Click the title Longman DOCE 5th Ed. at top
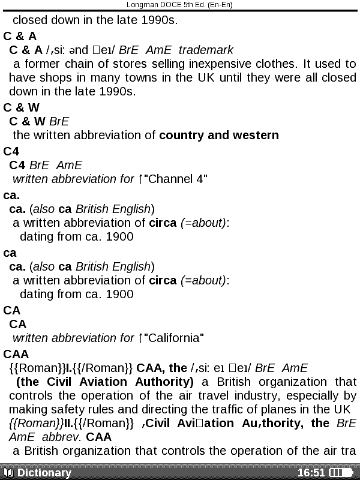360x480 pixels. pyautogui.click(x=179, y=5)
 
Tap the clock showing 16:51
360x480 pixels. pyautogui.click(x=311, y=473)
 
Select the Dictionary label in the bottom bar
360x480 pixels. pyautogui.click(x=44, y=473)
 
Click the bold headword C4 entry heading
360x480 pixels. pyautogui.click(x=11, y=151)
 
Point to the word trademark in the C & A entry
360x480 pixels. pyautogui.click(x=206, y=50)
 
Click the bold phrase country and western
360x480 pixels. pyautogui.click(x=219, y=135)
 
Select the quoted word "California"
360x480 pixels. pyautogui.click(x=174, y=338)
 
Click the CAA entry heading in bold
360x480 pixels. pyautogui.click(x=16, y=354)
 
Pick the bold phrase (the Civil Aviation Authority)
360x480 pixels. pyautogui.click(x=105, y=382)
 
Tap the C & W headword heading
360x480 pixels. pyautogui.click(x=21, y=107)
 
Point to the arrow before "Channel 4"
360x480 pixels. pyautogui.click(x=140, y=179)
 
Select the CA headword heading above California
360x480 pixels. pyautogui.click(x=11, y=310)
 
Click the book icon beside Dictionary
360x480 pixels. pyautogui.click(x=8, y=473)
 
